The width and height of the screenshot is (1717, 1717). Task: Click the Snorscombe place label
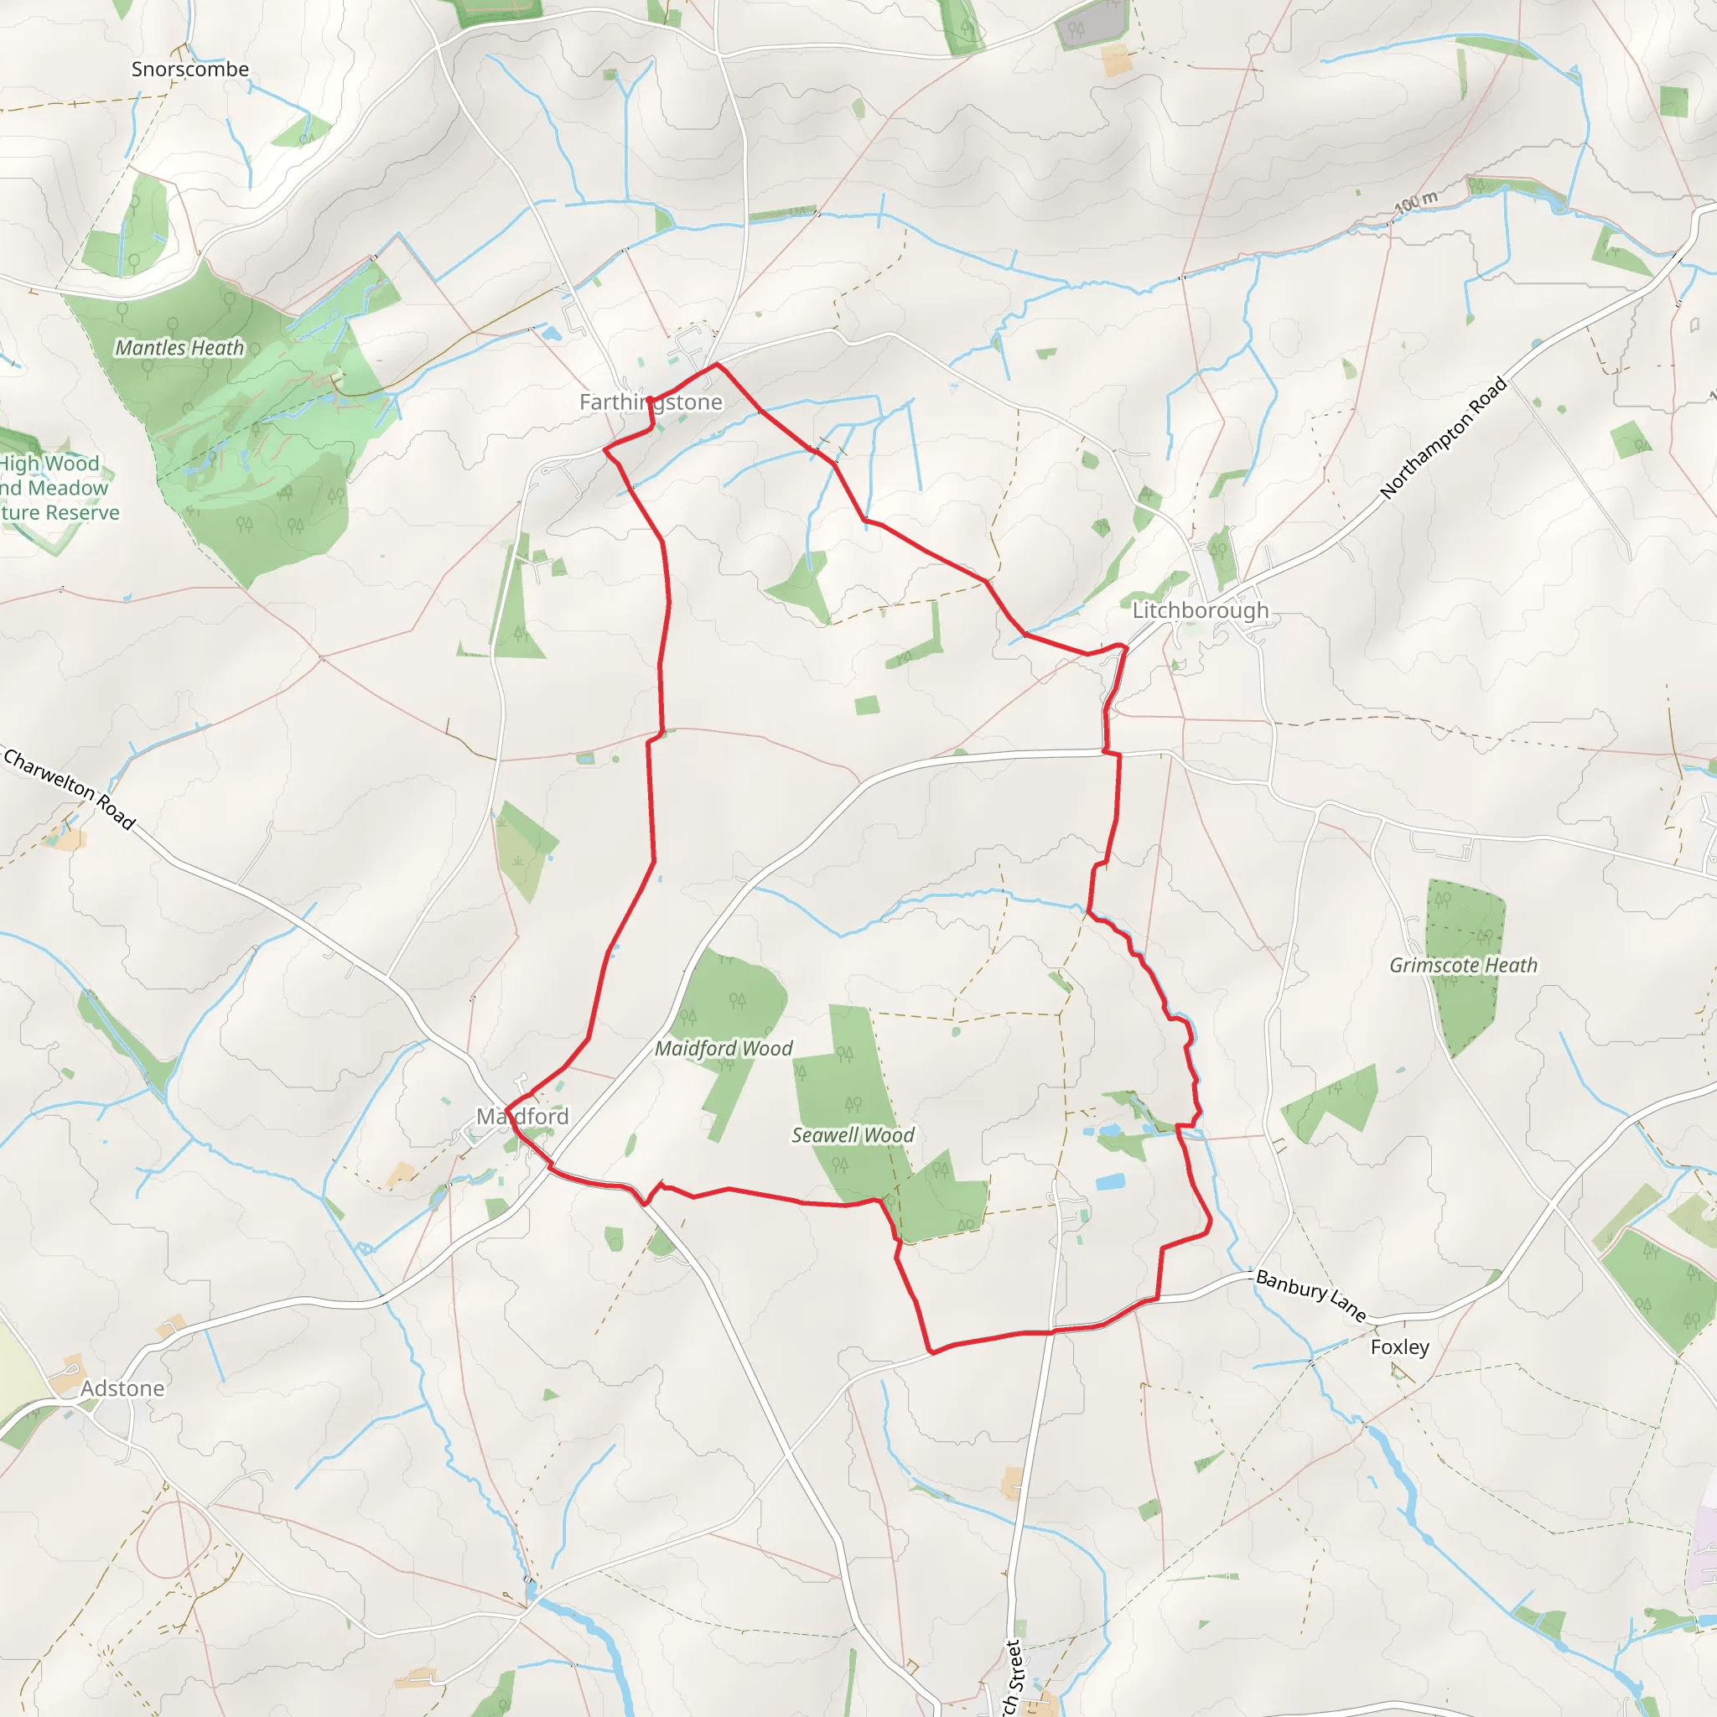tap(190, 70)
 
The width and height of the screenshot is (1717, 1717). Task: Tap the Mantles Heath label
tap(179, 349)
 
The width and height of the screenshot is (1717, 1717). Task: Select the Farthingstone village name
tap(651, 402)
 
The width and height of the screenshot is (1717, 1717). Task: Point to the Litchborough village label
tap(1200, 610)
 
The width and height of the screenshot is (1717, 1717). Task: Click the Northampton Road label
tap(1444, 438)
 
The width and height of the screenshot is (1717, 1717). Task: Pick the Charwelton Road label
tap(70, 789)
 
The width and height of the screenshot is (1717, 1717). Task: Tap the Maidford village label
tap(522, 1116)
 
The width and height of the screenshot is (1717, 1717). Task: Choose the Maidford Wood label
tap(724, 1049)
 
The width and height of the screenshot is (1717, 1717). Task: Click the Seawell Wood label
tap(853, 1136)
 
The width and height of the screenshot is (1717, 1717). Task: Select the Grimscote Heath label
tap(1463, 965)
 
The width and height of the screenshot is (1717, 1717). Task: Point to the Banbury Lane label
tap(1311, 1294)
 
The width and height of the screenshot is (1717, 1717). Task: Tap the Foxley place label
tap(1400, 1347)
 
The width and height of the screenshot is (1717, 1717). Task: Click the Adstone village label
tap(122, 1388)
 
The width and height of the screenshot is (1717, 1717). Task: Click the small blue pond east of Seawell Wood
tap(1111, 1183)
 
